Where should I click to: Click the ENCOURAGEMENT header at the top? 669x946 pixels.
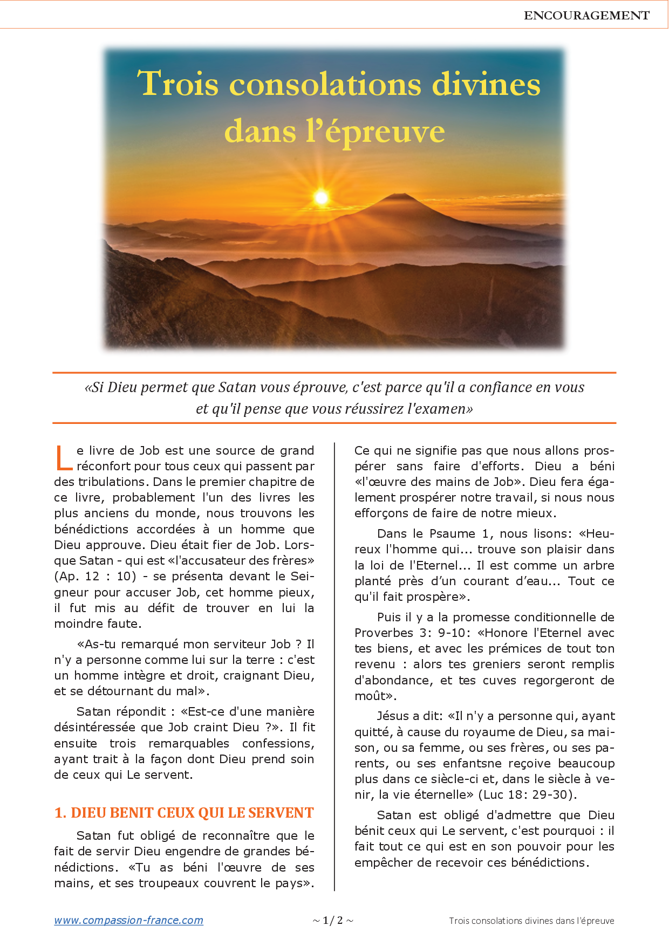click(x=586, y=16)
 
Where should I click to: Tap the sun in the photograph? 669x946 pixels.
click(x=321, y=197)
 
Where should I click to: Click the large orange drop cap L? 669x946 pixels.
click(x=64, y=458)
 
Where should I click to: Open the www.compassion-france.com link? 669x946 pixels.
click(x=128, y=920)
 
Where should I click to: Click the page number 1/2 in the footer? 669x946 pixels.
click(x=333, y=920)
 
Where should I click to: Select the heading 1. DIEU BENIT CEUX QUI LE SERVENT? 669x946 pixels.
click(x=184, y=813)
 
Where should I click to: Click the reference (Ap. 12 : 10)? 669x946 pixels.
click(x=95, y=576)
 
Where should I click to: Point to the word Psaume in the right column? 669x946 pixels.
click(x=452, y=533)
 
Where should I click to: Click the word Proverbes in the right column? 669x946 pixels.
click(x=385, y=633)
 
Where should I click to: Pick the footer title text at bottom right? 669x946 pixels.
click(x=531, y=921)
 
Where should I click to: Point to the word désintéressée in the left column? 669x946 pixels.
click(x=94, y=727)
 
